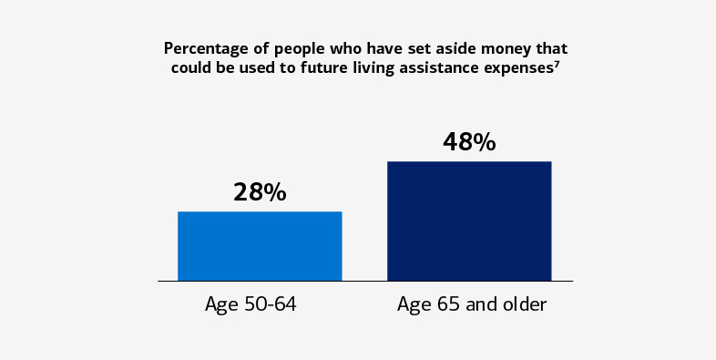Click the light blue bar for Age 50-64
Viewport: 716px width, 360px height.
[260, 245]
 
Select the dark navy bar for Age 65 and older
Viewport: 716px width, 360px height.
[469, 221]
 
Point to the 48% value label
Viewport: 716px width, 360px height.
[469, 142]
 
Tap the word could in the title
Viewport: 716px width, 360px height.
[189, 67]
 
